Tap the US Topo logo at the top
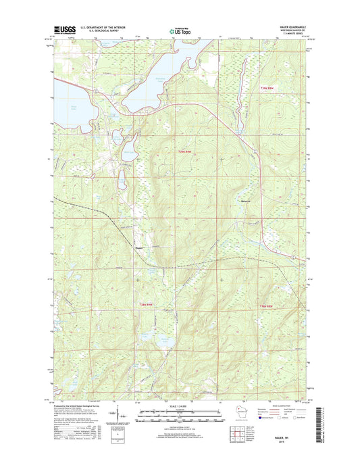180,30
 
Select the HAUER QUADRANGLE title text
292,26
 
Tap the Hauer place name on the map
138,247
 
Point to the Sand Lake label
74,105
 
